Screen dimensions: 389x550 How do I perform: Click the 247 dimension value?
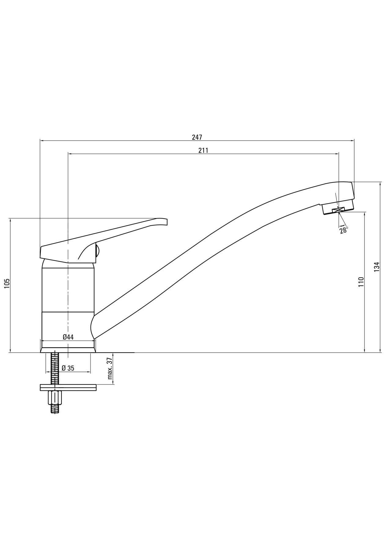197,137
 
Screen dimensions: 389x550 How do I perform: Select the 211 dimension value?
203,150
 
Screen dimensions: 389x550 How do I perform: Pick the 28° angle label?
344,230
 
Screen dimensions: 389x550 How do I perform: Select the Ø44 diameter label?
68,337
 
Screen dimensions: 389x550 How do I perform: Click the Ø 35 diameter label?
68,368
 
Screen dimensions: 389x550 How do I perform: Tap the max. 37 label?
110,369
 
